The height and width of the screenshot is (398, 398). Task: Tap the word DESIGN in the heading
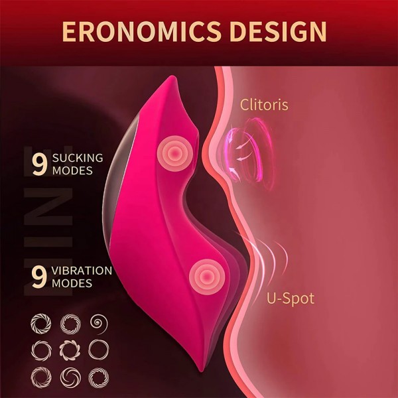click(x=278, y=31)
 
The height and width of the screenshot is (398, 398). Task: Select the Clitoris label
click(x=264, y=104)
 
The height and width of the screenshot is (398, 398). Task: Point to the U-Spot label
click(x=291, y=298)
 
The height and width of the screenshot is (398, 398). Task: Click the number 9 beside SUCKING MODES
click(x=39, y=165)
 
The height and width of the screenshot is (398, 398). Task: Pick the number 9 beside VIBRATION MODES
click(x=39, y=277)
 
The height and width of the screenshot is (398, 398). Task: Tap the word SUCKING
click(x=78, y=158)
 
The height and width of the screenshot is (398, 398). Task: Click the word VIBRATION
click(x=82, y=271)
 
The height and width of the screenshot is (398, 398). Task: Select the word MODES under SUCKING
click(x=72, y=170)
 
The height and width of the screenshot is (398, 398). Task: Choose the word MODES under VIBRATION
click(x=72, y=283)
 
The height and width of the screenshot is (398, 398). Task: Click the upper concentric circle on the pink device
click(x=175, y=153)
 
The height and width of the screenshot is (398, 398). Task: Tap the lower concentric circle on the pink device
click(x=207, y=277)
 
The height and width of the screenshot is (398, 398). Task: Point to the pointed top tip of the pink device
click(x=172, y=76)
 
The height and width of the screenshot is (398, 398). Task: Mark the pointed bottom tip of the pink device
click(x=201, y=371)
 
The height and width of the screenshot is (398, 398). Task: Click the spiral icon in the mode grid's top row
click(x=99, y=324)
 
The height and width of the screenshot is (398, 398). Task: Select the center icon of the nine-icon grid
click(x=70, y=350)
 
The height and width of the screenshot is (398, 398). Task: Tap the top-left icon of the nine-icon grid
click(x=40, y=324)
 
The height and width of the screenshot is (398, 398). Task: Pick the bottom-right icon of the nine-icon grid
click(x=99, y=377)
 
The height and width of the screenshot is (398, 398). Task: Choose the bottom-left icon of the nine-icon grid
click(x=41, y=377)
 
